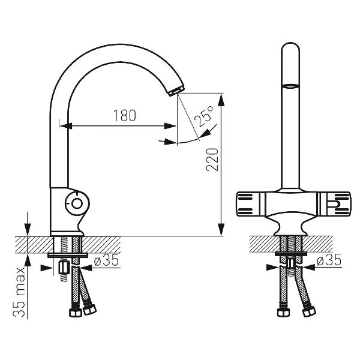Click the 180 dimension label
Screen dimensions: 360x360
tap(125, 115)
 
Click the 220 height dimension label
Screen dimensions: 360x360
tap(212, 160)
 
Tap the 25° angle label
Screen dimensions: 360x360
tap(204, 116)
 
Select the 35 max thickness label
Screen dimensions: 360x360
tap(19, 292)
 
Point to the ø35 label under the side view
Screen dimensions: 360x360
tap(106, 260)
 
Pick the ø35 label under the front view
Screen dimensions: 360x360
tap(329, 260)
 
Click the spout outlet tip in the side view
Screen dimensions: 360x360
tap(176, 91)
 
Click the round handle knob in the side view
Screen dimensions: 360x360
tap(77, 203)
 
